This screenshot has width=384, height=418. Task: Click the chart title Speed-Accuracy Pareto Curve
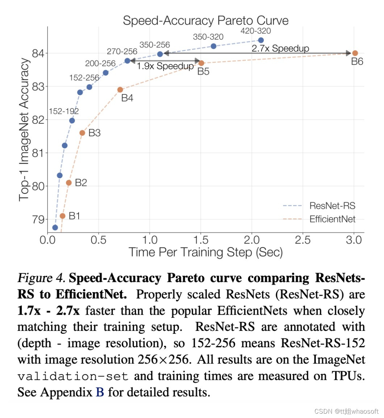tap(205, 20)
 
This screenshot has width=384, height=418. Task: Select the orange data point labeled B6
tap(355, 53)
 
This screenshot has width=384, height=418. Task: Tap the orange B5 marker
tap(201, 63)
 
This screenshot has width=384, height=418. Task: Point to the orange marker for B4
tap(120, 90)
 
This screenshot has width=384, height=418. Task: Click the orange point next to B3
tap(82, 133)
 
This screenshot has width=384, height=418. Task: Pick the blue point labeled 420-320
tap(261, 40)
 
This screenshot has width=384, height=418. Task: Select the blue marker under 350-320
tap(213, 46)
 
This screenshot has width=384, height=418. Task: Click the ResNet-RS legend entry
tap(332, 206)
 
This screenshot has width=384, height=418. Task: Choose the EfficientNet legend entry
tap(332, 219)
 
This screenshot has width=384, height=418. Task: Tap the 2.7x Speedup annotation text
tap(280, 48)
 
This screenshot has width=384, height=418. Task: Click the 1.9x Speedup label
tap(165, 66)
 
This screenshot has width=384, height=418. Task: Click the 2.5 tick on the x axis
tap(303, 240)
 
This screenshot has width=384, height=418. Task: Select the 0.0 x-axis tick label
tap(47, 240)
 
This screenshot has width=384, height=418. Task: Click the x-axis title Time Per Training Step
tap(205, 252)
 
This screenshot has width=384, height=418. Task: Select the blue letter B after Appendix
tap(100, 392)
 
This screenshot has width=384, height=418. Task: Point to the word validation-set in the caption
tap(73, 376)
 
